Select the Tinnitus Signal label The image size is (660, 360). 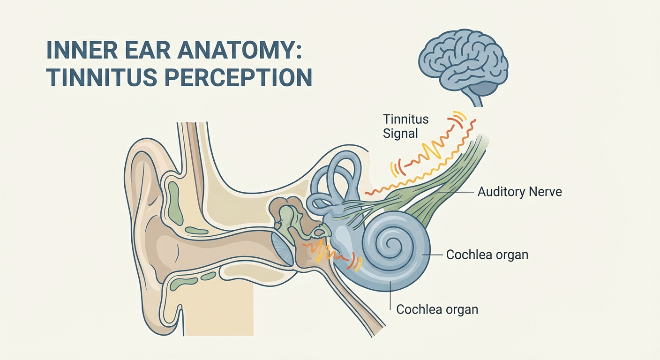[406, 126]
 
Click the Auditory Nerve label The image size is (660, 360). [519, 192]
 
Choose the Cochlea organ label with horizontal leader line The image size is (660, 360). [487, 255]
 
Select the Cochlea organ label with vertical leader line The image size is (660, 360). [437, 309]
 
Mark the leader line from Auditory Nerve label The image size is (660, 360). [457, 192]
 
